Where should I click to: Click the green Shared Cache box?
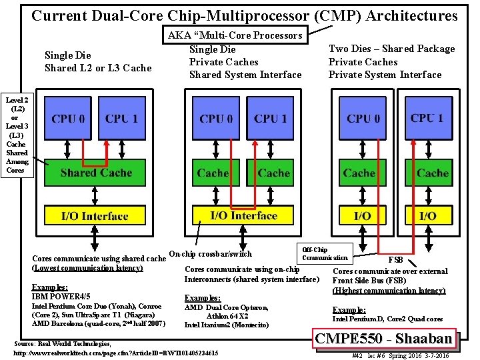click(x=96, y=172)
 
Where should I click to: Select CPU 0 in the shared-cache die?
click(x=68, y=119)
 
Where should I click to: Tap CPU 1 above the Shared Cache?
click(x=121, y=119)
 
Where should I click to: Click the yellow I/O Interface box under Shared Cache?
click(x=95, y=216)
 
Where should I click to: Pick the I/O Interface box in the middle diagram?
click(x=243, y=215)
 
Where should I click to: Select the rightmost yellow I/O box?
click(x=428, y=216)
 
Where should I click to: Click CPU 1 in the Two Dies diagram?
click(x=427, y=118)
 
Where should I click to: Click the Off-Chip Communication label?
click(x=325, y=253)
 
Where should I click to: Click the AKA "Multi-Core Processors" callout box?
click(x=235, y=35)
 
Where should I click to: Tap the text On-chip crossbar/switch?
click(x=211, y=253)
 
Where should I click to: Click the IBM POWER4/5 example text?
click(x=61, y=295)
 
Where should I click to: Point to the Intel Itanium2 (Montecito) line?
click(x=227, y=325)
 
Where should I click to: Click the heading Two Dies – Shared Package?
click(x=392, y=49)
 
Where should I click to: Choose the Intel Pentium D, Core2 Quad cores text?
click(x=387, y=319)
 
